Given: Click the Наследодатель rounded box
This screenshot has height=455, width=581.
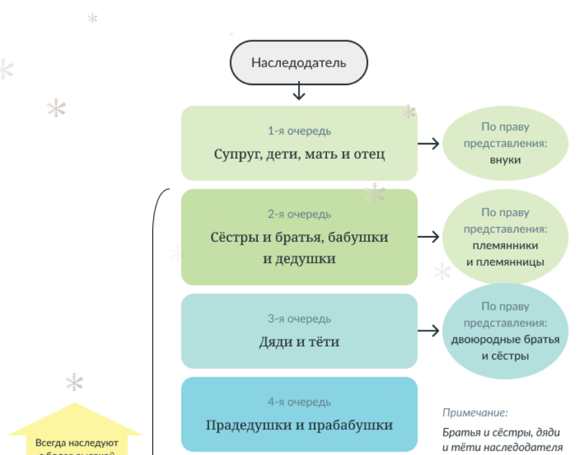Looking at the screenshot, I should tap(298, 63).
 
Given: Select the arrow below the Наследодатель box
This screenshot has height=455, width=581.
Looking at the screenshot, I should tap(299, 91).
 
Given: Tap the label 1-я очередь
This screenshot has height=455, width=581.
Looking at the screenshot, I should tap(299, 131).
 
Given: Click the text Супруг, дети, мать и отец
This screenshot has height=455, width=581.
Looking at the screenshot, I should tap(299, 154).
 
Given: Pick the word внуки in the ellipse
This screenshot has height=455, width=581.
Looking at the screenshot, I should tap(505, 160).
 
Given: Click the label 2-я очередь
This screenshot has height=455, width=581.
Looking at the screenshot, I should tap(299, 214).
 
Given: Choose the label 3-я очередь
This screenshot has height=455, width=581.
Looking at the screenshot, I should tap(299, 319).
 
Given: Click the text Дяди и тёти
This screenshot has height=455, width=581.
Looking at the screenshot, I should tap(299, 342).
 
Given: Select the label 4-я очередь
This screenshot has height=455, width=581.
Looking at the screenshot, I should tap(299, 402).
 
